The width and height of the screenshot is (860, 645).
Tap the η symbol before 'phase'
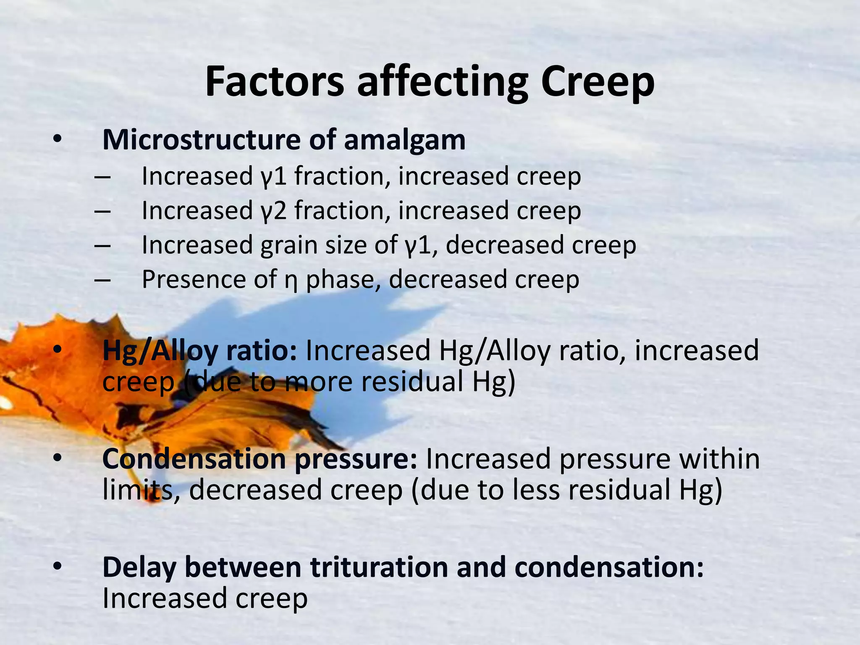[x=291, y=281]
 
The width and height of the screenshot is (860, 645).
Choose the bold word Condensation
[x=194, y=459]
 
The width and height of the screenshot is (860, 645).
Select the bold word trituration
[x=379, y=567]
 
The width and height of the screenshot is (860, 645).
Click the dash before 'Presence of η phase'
[x=102, y=280]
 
